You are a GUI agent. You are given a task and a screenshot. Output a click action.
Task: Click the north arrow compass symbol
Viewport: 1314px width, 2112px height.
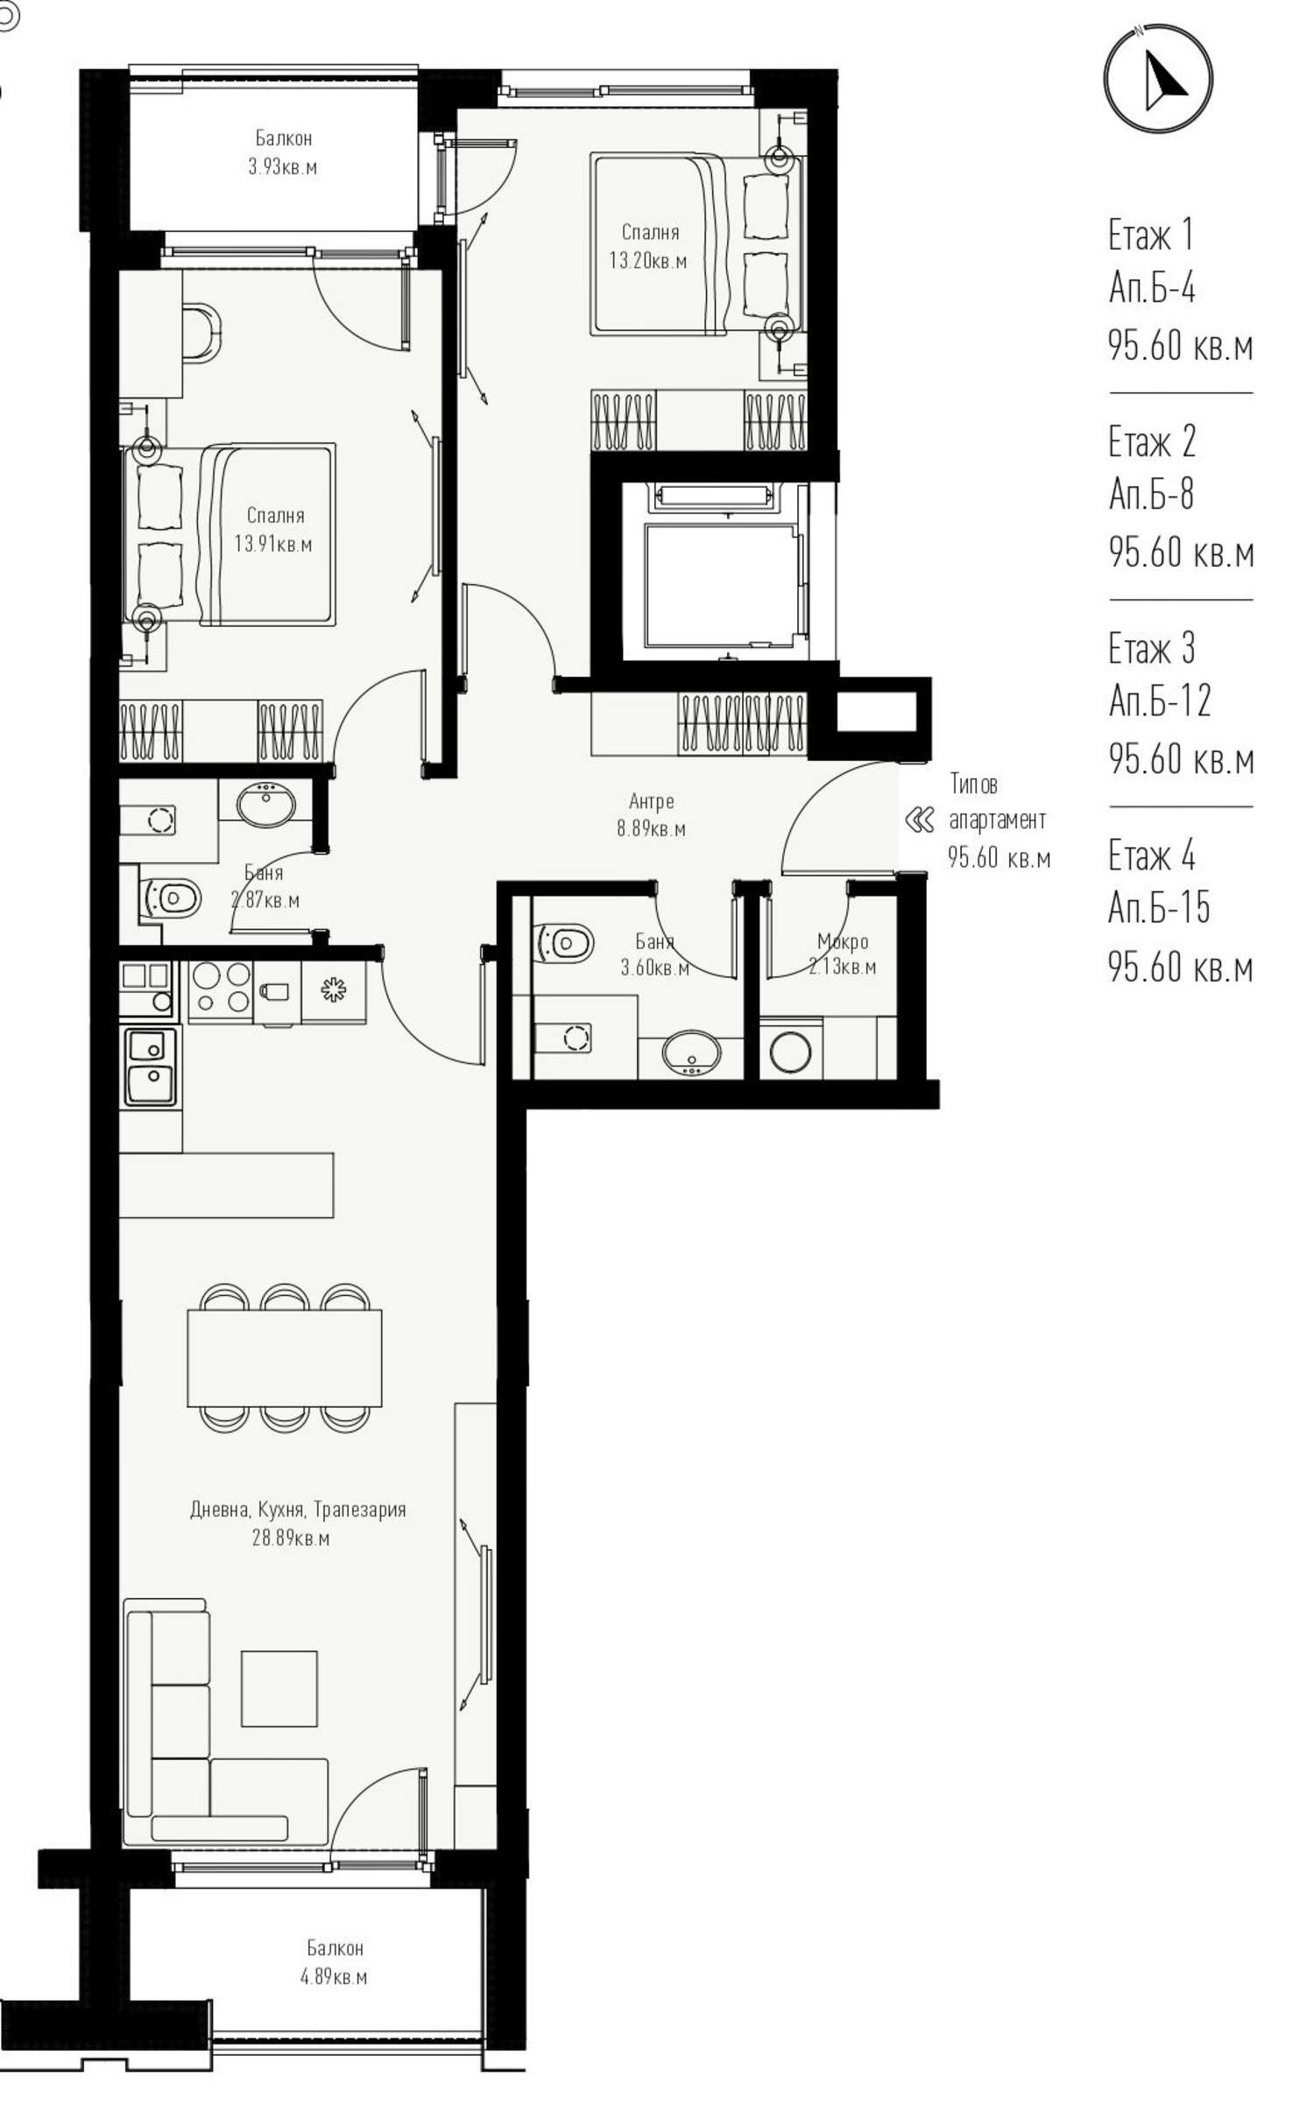point(1157,79)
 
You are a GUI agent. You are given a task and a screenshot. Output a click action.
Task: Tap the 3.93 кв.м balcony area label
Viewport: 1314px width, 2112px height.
point(282,166)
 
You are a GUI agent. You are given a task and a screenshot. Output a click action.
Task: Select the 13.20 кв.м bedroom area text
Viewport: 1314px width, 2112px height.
point(648,261)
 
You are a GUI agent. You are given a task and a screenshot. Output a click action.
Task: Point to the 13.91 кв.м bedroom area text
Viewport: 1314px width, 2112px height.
point(272,544)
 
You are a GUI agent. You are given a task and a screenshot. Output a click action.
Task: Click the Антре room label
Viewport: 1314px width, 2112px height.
point(651,800)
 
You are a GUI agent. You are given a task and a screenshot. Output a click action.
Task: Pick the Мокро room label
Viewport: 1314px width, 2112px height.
point(843,941)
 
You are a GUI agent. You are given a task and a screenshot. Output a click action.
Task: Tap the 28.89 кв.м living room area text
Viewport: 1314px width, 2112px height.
point(291,1538)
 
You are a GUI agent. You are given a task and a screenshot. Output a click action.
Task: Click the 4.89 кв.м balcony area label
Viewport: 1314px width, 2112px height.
point(334,1976)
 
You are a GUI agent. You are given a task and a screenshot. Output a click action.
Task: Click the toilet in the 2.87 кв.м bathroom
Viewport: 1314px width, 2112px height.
point(170,898)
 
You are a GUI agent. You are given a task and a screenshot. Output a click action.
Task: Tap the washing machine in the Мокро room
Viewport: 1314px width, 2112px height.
point(790,1052)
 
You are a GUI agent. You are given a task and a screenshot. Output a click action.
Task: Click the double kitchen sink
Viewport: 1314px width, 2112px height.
point(151,1067)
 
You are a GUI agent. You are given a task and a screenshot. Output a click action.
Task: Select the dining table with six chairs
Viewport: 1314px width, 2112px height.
point(285,1357)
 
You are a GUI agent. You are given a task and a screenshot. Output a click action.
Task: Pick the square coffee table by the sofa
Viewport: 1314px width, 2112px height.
point(279,1688)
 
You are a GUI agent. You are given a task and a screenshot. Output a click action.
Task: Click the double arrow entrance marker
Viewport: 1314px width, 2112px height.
point(919,820)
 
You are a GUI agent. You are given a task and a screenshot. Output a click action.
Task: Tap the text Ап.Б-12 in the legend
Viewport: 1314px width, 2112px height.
point(1160,700)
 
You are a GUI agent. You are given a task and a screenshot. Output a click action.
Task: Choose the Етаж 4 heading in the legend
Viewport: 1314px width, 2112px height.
point(1151,854)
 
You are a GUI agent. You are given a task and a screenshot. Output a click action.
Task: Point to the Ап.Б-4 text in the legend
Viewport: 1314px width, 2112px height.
point(1152,287)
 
